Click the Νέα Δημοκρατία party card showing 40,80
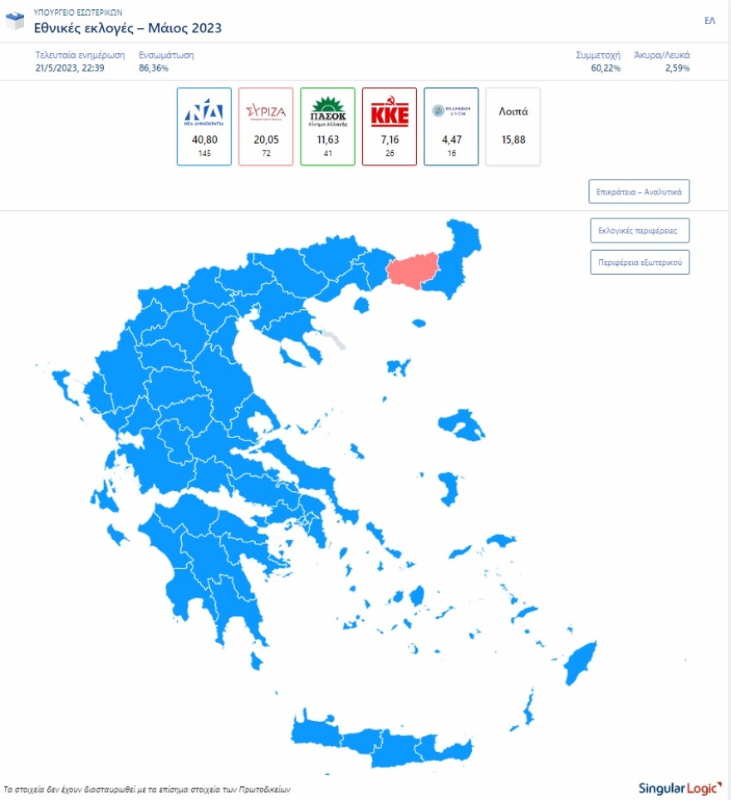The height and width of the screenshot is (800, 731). pyautogui.click(x=204, y=126)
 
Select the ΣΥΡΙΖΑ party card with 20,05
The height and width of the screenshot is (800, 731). pyautogui.click(x=266, y=126)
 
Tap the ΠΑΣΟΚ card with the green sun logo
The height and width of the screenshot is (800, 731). pyautogui.click(x=327, y=126)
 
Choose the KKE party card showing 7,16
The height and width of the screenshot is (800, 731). pyautogui.click(x=389, y=126)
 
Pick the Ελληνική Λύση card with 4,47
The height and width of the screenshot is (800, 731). pyautogui.click(x=451, y=126)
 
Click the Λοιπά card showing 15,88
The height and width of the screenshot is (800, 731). pyautogui.click(x=513, y=126)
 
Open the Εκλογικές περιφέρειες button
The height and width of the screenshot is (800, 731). pyautogui.click(x=639, y=230)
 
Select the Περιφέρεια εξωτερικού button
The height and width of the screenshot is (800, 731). pyautogui.click(x=639, y=262)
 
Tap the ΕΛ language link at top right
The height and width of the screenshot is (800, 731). pyautogui.click(x=709, y=21)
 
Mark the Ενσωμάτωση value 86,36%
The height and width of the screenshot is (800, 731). pyautogui.click(x=154, y=67)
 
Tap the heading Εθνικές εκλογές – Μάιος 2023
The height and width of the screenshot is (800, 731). pyautogui.click(x=127, y=28)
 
